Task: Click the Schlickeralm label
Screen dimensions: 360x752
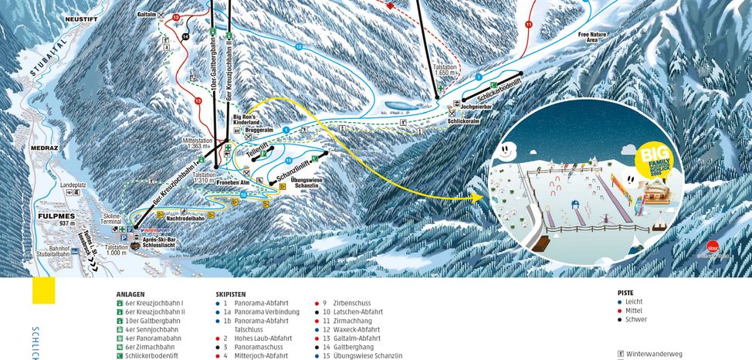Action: [x=462, y=121]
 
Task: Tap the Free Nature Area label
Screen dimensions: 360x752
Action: [x=593, y=38]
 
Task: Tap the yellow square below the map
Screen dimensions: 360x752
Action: [x=43, y=290]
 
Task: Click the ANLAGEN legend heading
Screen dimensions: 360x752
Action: [x=130, y=294]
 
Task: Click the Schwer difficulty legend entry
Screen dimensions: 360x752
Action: [x=635, y=319]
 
